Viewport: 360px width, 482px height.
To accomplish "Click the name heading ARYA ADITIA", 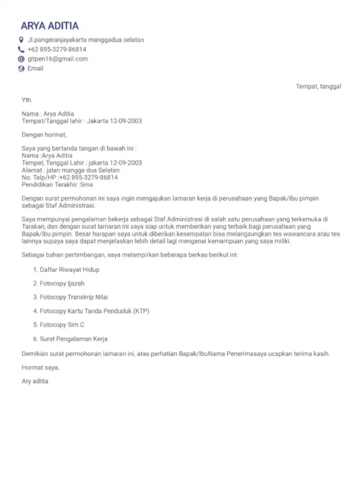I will pos(50,26).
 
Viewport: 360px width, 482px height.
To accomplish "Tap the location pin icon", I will pos(21,40).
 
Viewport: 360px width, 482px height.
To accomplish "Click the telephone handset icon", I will pos(21,50).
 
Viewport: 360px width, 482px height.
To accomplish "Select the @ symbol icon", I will pos(21,59).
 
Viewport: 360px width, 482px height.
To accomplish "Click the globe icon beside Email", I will pos(21,68).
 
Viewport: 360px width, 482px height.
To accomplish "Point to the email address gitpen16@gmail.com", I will pos(57,59).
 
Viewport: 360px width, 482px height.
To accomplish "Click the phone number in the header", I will pos(57,50).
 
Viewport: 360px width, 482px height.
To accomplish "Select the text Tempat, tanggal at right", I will pos(318,87).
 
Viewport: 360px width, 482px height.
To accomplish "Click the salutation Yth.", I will pos(27,100).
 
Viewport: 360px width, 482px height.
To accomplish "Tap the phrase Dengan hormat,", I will pos(44,135).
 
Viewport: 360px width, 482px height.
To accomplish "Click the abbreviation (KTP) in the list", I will pos(141,311).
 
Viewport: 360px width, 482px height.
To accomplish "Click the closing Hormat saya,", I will pos(40,368).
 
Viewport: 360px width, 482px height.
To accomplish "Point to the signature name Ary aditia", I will pos(35,381).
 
